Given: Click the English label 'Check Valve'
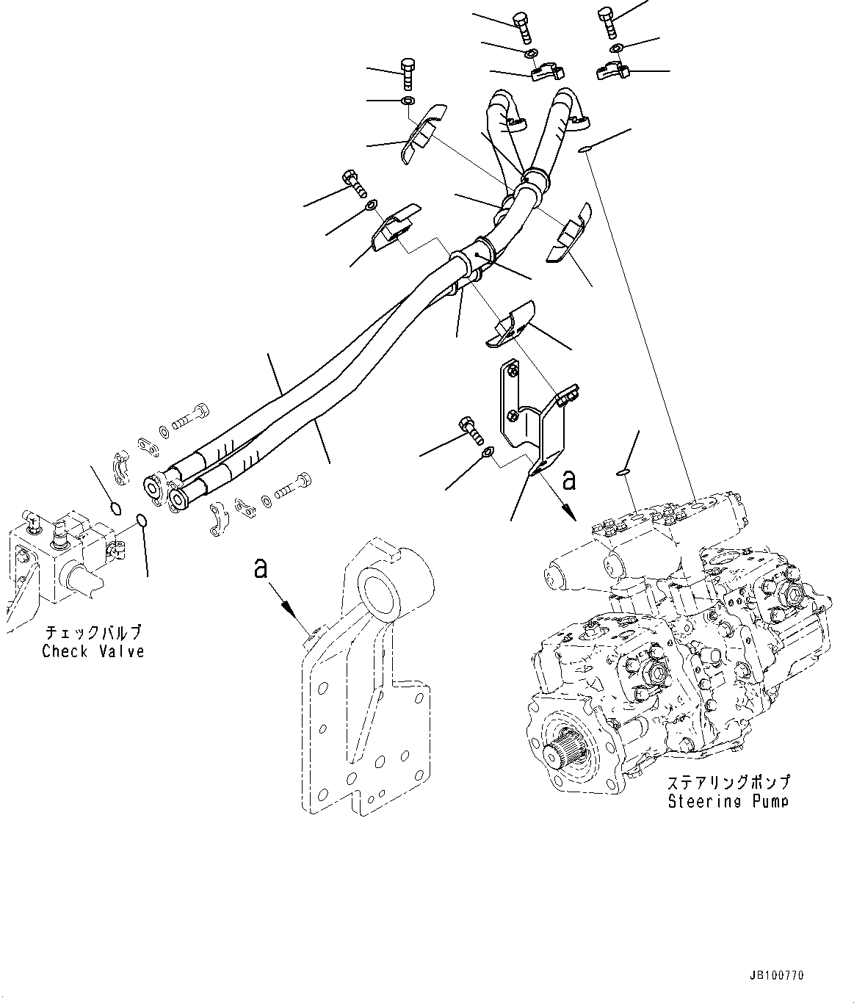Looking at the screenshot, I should (x=93, y=651).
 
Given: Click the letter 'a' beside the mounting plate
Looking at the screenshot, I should (x=260, y=568).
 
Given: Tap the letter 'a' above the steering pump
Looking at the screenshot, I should (x=568, y=480).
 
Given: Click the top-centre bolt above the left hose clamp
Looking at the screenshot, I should (x=522, y=29).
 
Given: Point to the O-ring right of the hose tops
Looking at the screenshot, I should (x=584, y=150).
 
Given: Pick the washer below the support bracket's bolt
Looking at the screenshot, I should (x=486, y=452).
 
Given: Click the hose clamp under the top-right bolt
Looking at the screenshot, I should (x=613, y=71).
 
